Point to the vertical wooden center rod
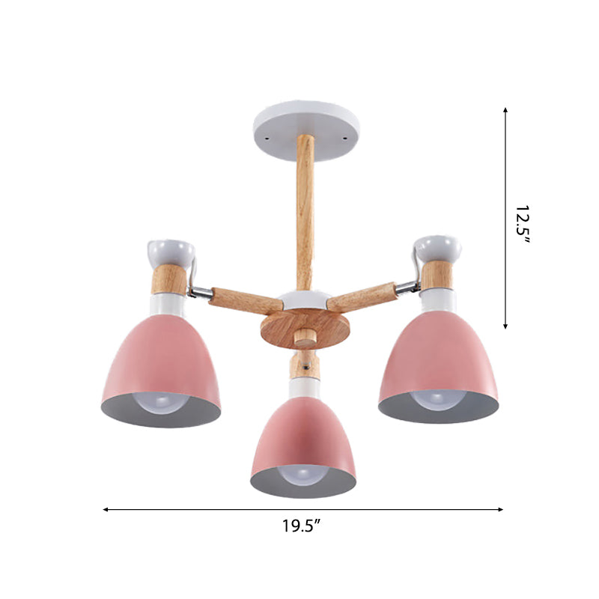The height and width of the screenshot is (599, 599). pos(305,210)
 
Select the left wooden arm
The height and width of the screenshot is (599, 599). pos(235,297)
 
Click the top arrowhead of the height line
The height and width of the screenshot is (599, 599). pos(505,110)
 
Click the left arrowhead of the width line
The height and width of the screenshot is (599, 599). pos(106,509)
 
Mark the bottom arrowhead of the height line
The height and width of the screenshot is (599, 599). pos(505,326)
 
